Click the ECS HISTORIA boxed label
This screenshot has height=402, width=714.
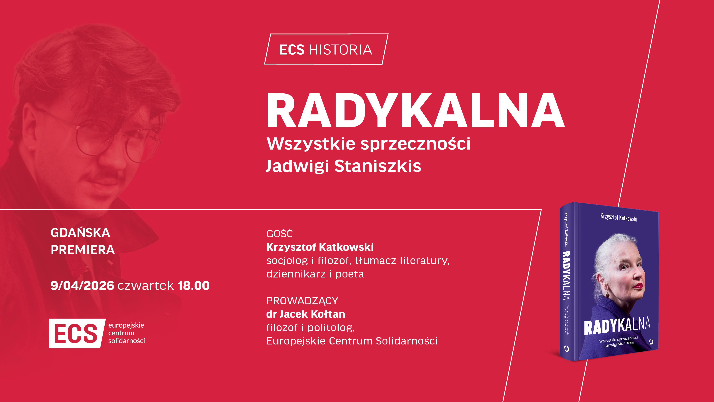[x=326, y=49]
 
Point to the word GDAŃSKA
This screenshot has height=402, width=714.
[x=80, y=232]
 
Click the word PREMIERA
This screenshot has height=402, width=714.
[x=83, y=250]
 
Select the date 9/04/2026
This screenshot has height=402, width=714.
[x=82, y=286]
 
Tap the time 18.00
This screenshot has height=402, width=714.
[x=193, y=286]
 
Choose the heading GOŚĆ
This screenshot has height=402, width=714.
[x=279, y=233]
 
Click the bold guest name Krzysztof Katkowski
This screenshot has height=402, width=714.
[x=320, y=247]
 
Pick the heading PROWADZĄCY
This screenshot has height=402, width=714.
[x=302, y=301]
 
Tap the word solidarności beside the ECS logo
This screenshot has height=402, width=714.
[x=126, y=341]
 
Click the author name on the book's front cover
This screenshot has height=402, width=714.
[x=619, y=217]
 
